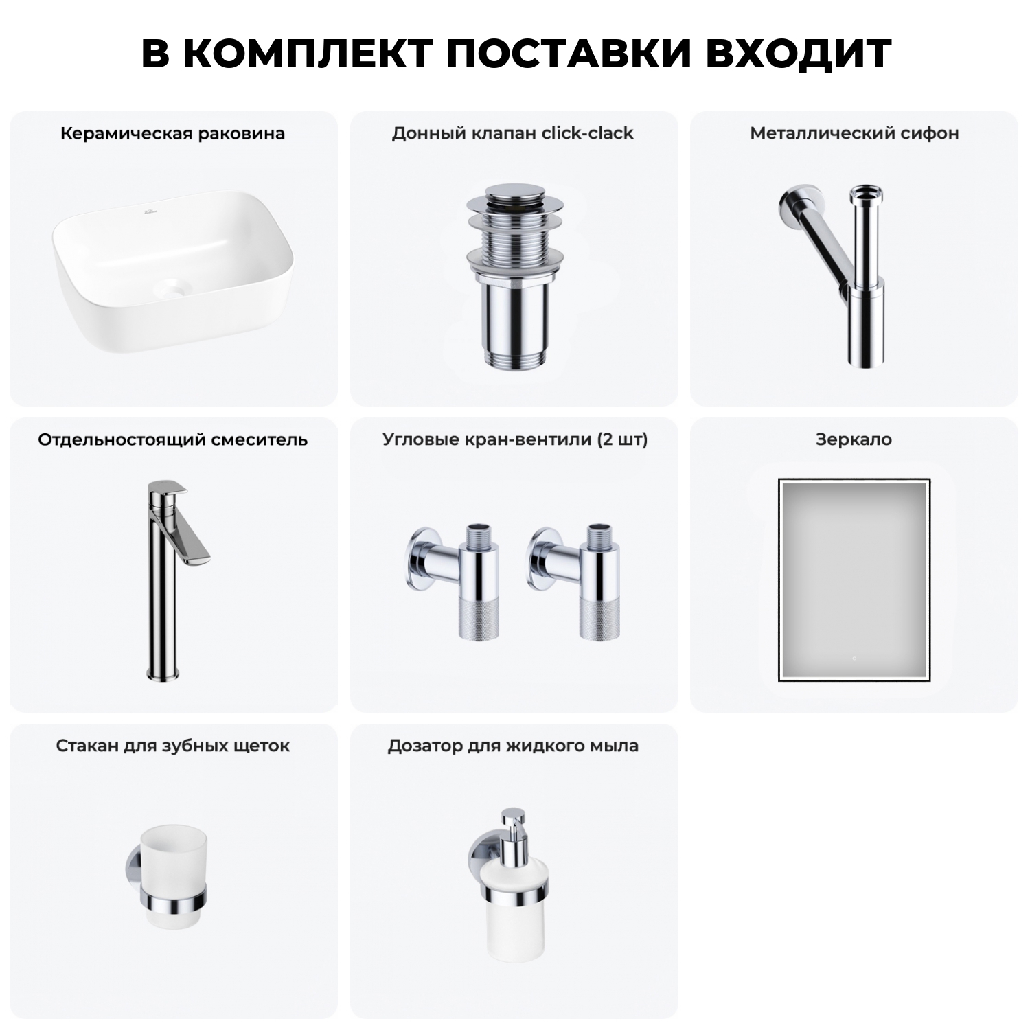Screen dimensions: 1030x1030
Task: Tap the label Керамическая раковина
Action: point(172,133)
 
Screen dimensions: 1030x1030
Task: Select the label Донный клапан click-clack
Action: point(512,133)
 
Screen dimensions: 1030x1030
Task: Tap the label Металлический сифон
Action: point(854,133)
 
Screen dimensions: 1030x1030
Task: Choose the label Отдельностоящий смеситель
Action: point(172,439)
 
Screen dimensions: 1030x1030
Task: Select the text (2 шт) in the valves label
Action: point(622,439)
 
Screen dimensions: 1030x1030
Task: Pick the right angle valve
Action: point(577,580)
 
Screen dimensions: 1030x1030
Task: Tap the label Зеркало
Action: point(854,439)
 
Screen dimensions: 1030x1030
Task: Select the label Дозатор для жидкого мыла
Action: point(513,746)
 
